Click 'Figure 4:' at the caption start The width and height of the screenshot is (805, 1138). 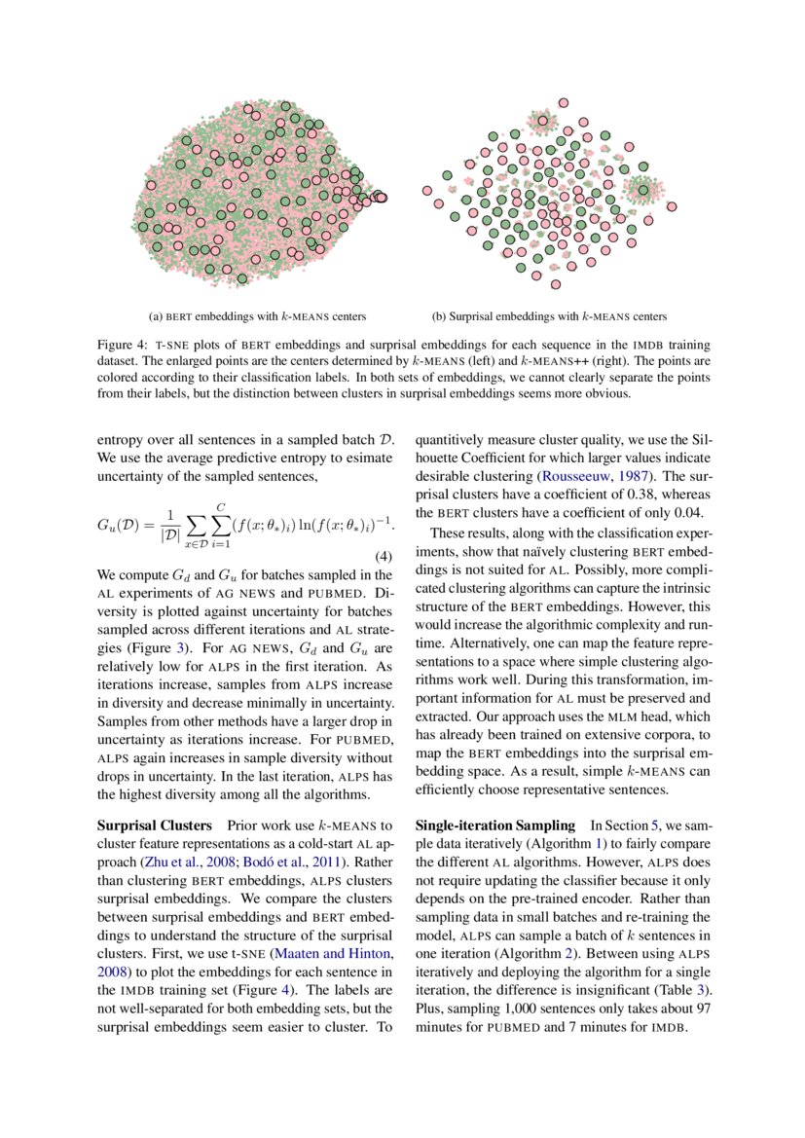122,345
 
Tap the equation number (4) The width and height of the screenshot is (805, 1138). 385,557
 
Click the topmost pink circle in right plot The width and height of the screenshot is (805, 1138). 563,103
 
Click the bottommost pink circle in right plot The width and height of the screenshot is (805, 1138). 555,284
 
